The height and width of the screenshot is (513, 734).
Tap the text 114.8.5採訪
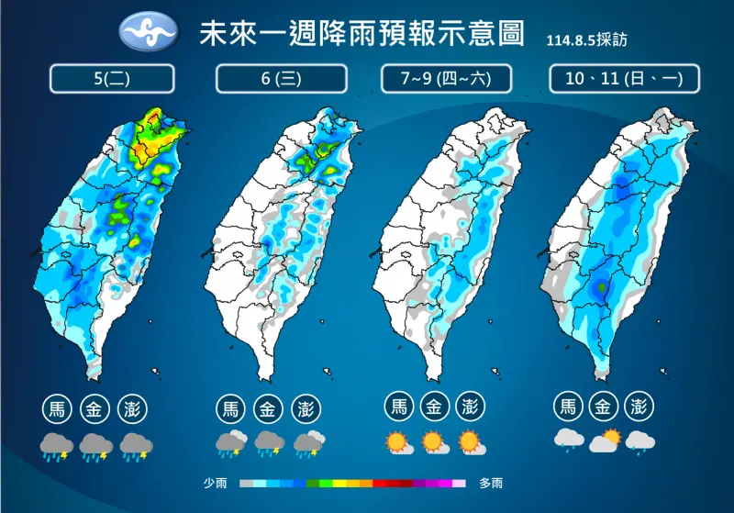tap(586, 40)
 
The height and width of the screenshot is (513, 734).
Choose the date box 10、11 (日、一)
tap(624, 79)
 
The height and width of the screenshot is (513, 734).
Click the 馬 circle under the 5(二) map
tap(57, 407)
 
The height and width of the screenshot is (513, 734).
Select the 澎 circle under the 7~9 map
tap(470, 407)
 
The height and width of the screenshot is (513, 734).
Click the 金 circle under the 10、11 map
tap(604, 407)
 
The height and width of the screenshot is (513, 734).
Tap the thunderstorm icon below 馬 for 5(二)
tap(57, 447)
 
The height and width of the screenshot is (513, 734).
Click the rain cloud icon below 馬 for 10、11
tap(569, 441)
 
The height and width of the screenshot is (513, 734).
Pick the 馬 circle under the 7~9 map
tap(399, 407)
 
